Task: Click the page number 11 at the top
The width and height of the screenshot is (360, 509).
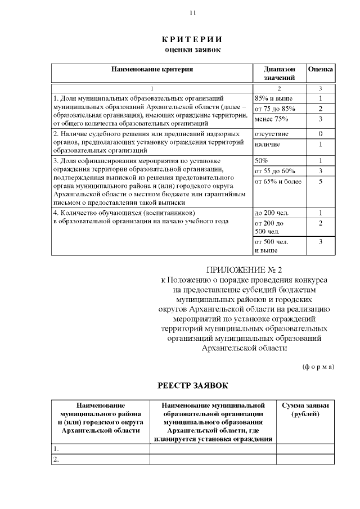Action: [x=192, y=12]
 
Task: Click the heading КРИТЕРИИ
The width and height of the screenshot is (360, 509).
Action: [x=192, y=39]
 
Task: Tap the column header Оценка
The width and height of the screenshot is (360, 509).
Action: [x=321, y=70]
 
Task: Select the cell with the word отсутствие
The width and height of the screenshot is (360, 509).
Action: [x=272, y=134]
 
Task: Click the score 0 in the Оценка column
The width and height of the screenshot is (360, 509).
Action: [x=320, y=134]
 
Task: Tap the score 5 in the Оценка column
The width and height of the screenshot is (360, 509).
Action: [x=320, y=181]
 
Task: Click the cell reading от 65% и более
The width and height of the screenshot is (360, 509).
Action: [x=278, y=181]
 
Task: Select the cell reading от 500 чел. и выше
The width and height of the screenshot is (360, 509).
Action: [x=271, y=246]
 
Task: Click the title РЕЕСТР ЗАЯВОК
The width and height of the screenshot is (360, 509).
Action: [x=192, y=386]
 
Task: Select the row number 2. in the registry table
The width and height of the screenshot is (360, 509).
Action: [x=56, y=460]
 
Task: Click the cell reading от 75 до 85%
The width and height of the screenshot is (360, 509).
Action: [x=275, y=109]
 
